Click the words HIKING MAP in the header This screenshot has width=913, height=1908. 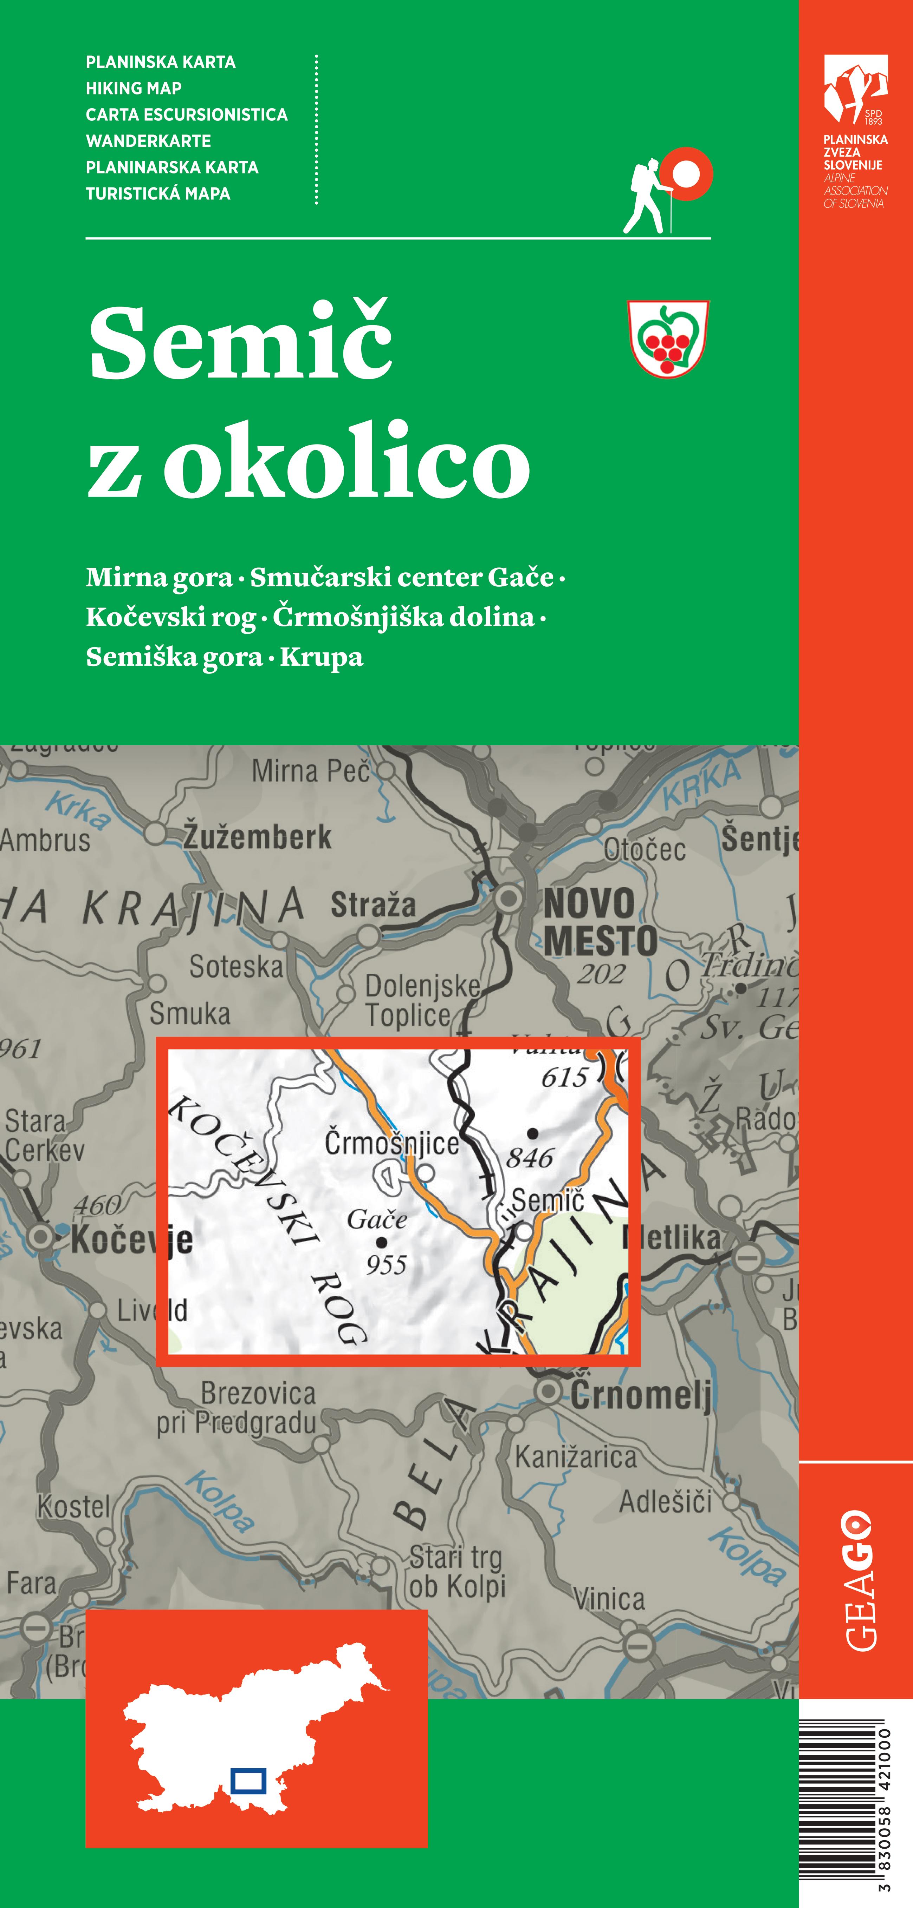[134, 88]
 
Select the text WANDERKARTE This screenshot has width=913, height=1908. [148, 141]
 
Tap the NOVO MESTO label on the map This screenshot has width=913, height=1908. [600, 922]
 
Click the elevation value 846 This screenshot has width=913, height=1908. [530, 1157]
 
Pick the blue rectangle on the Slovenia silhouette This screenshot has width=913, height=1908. [248, 1780]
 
